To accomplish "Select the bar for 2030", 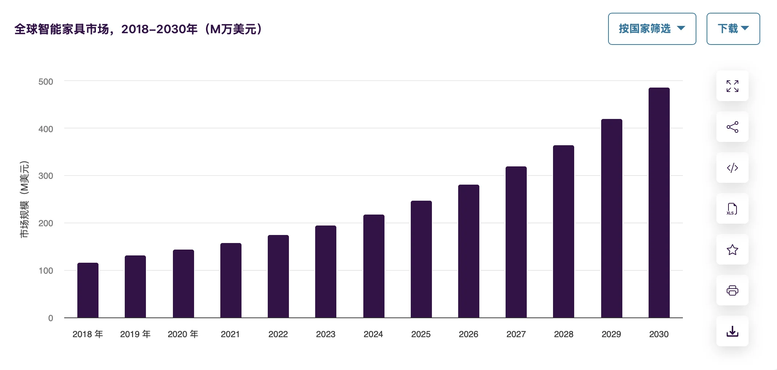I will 659,203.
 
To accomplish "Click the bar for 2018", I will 88,290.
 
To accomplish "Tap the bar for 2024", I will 374,266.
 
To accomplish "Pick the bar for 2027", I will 516,242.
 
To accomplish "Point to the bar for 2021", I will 231,280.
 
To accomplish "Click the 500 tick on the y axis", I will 46,82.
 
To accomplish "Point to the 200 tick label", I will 46,223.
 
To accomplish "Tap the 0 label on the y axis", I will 50,318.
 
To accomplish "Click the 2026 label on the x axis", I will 468,334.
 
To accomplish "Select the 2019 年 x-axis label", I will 135,334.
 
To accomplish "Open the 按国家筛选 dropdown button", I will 652,29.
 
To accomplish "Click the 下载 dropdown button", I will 733,29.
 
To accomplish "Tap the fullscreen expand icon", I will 732,86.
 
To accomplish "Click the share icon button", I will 732,127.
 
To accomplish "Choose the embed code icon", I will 732,168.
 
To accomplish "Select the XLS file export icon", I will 732,209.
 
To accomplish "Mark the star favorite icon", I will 732,250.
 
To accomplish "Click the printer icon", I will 732,290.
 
